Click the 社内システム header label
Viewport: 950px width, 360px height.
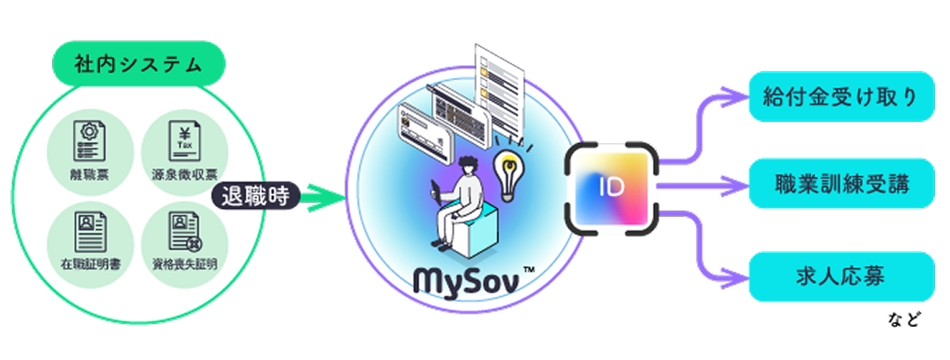tap(138, 65)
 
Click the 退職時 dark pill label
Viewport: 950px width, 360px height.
tap(254, 195)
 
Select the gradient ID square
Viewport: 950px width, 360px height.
tap(612, 187)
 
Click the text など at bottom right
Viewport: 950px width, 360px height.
tap(910, 320)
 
